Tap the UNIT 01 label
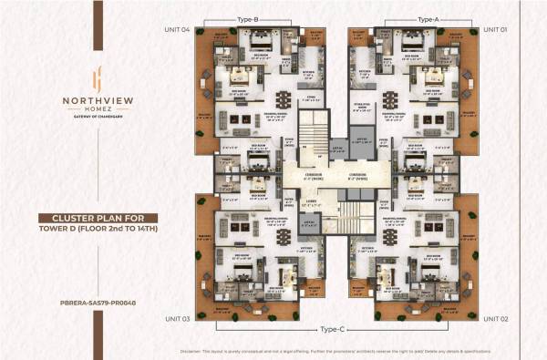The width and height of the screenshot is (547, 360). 495,30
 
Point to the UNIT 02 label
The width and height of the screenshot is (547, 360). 495,319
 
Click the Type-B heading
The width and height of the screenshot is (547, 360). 249,19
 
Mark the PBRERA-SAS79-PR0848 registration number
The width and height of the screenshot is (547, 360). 89,273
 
